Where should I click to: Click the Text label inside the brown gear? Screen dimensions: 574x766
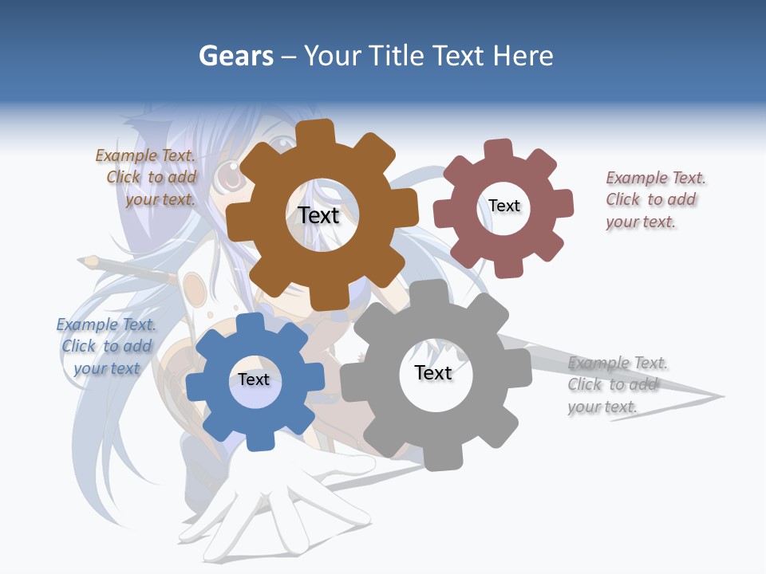319,215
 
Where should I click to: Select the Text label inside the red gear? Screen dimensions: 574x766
504,206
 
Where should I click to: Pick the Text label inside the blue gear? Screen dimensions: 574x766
254,379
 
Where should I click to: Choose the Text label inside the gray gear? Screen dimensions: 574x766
433,372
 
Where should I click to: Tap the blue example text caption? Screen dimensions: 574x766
106,346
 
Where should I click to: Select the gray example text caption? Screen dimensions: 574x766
616,384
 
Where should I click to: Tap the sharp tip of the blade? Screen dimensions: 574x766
721,396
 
